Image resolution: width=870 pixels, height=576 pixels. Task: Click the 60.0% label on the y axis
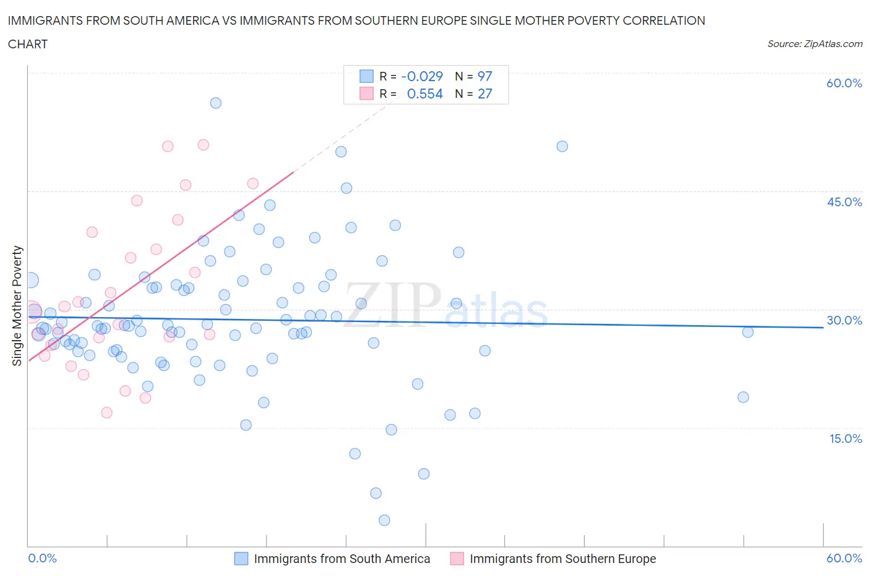tap(844, 83)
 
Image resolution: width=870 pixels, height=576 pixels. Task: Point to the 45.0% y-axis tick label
tap(844, 202)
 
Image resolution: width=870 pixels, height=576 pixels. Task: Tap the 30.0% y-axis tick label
tap(844, 320)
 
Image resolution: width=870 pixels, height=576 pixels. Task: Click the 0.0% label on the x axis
tap(42, 558)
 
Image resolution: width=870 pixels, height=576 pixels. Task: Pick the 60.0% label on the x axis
tap(844, 558)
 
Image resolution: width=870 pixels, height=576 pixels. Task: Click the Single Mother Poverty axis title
tap(17, 305)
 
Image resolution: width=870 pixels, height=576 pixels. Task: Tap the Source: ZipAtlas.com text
tap(814, 44)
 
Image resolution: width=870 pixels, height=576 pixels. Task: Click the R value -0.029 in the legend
tap(422, 76)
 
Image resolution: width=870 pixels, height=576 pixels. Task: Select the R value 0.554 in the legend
tap(424, 94)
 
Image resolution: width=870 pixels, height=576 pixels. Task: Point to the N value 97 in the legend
tap(485, 76)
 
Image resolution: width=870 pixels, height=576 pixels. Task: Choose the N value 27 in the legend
tap(485, 94)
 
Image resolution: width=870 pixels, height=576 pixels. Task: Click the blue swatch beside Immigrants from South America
tap(241, 559)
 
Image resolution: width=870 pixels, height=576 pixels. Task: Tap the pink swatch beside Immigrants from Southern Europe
tap(457, 559)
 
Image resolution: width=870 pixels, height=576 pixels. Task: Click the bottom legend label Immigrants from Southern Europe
tap(562, 559)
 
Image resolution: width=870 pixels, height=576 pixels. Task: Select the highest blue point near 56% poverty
tap(215, 103)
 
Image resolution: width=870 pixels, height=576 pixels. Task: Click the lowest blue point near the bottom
tap(384, 520)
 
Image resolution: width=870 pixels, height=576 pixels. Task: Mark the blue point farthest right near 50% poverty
tap(562, 147)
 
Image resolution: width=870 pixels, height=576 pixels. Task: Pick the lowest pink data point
tap(106, 412)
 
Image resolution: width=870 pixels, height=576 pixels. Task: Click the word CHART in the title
tap(28, 44)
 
